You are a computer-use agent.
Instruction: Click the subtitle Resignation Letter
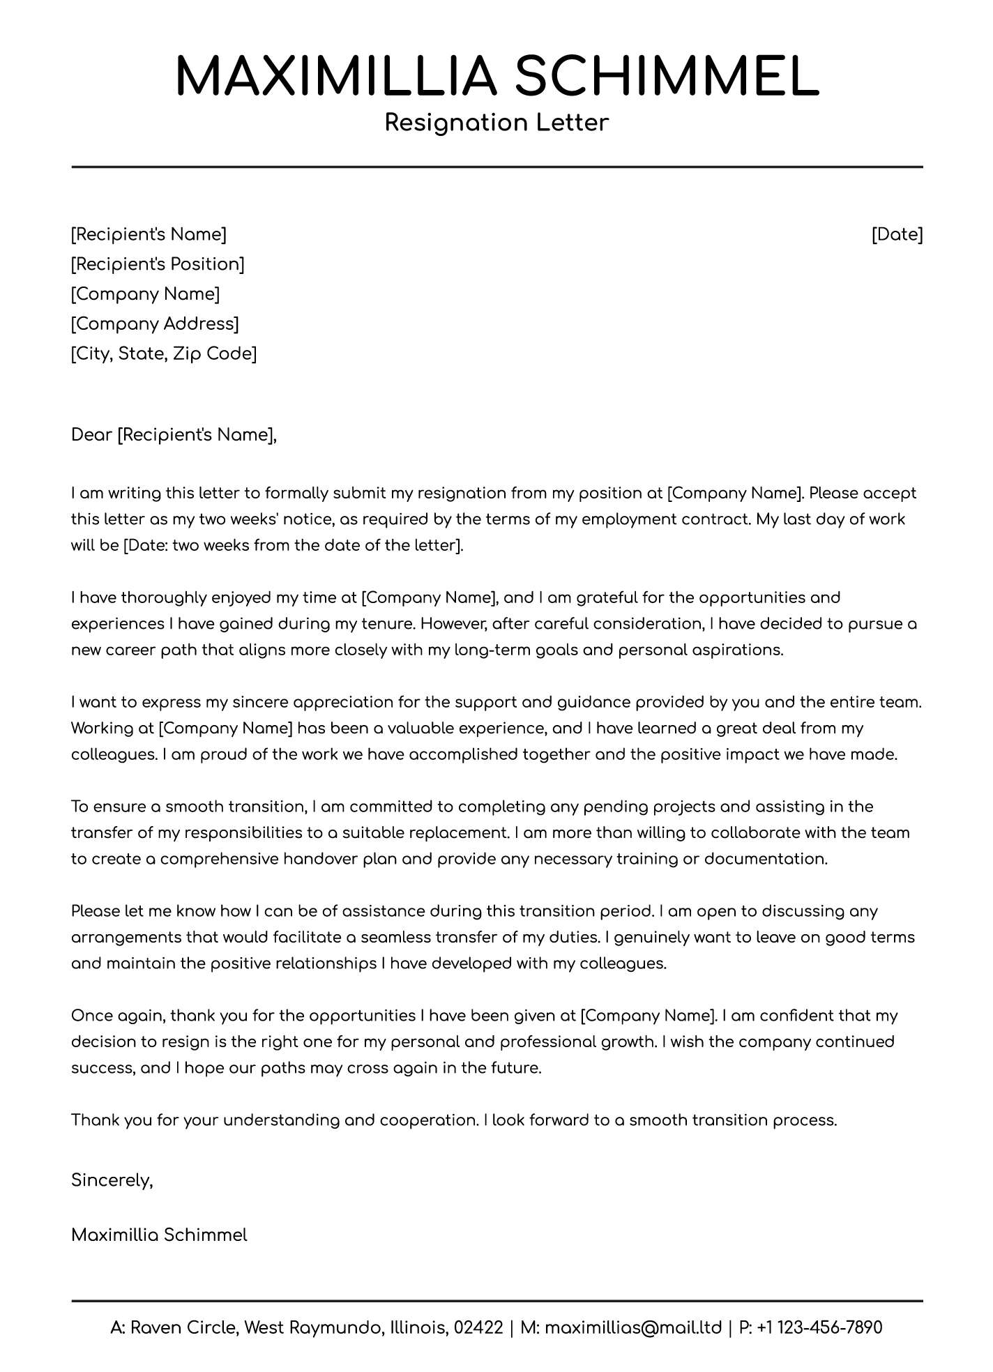tap(496, 123)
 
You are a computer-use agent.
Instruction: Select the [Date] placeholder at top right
tap(897, 234)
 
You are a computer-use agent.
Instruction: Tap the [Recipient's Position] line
tap(158, 264)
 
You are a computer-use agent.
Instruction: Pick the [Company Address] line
tap(155, 324)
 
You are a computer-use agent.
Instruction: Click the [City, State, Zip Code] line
tap(164, 354)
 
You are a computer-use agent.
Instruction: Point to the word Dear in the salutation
tap(91, 436)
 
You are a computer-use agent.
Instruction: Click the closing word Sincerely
tap(111, 1180)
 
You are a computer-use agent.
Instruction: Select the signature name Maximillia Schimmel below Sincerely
tap(159, 1235)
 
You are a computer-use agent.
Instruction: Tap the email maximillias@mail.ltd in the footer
tap(632, 1327)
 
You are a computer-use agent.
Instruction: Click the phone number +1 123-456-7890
tap(819, 1327)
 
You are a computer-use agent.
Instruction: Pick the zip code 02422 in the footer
tap(478, 1327)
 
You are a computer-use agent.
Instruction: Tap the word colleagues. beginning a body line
tap(114, 755)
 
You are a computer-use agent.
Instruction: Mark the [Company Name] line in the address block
tap(145, 294)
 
